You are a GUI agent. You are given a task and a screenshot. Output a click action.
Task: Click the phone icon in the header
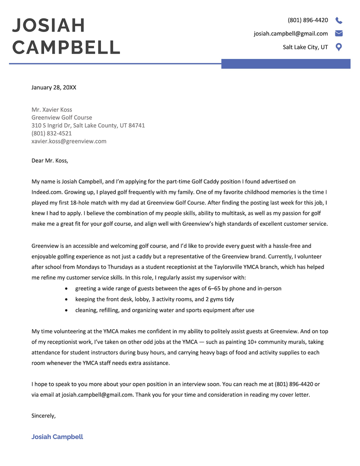coord(339,20)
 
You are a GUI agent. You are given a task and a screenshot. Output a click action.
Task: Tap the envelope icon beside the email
coord(339,33)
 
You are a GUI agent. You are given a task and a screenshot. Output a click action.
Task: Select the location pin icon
coord(339,47)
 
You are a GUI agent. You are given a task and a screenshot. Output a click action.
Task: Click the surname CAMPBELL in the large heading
coord(66,47)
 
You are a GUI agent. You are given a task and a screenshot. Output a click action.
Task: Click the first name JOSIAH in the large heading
coord(49,25)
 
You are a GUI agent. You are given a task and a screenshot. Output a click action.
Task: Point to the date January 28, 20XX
coord(54,87)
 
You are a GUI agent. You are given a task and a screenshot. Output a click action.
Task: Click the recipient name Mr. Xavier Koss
coord(52,110)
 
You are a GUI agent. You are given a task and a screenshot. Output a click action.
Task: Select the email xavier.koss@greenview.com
coord(69,141)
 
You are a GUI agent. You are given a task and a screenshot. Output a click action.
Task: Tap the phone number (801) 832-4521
coord(51,133)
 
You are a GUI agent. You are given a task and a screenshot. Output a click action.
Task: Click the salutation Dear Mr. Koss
coord(49,160)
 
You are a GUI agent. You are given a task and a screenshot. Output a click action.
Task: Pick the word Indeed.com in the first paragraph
coord(47,192)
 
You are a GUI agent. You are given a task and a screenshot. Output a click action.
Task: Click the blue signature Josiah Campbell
coord(57,437)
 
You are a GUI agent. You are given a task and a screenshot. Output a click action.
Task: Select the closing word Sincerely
coord(43,416)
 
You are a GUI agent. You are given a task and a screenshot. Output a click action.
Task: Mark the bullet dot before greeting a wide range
coord(67,288)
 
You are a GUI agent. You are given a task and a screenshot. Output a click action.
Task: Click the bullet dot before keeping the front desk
coord(67,299)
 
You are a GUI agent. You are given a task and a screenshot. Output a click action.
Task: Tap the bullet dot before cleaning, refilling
coord(67,310)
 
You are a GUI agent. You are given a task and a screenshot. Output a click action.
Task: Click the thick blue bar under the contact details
coord(286,64)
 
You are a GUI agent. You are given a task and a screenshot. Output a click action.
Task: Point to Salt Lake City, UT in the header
coord(305,47)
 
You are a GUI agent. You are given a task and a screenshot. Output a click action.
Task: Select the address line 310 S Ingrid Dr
coord(88,125)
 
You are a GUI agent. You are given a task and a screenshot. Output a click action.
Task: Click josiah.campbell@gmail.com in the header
coord(291,33)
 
